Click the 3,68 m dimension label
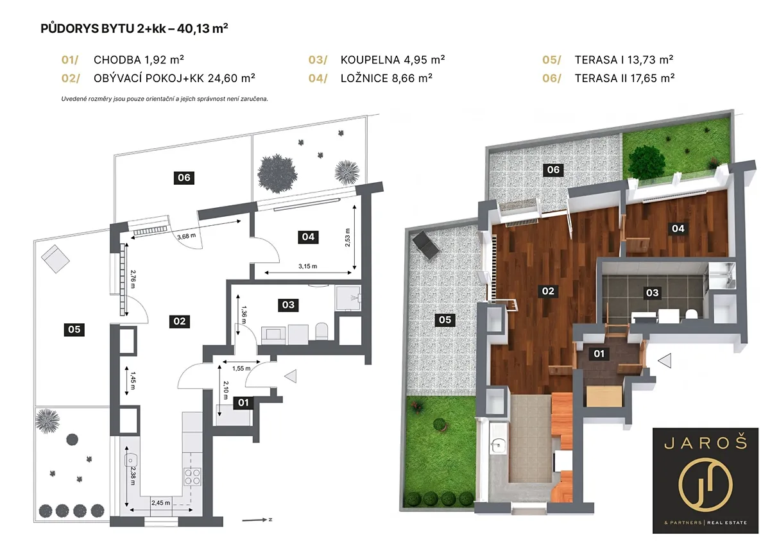tap(187, 236)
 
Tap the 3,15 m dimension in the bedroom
tap(307, 266)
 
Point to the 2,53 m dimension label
tap(348, 237)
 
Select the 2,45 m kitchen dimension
tap(160, 503)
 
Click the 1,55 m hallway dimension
tap(241, 368)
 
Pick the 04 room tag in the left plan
tap(308, 237)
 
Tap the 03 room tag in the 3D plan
tap(652, 293)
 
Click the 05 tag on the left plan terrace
tap(74, 330)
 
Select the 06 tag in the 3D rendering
tap(553, 170)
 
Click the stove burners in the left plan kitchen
tap(193, 477)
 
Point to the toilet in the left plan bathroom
tap(321, 331)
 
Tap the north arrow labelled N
tap(257, 520)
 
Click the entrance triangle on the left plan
tap(291, 376)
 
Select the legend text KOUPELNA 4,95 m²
tap(393, 60)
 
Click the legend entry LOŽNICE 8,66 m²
tap(386, 78)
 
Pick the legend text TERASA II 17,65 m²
tap(624, 78)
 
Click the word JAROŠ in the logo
tap(705, 443)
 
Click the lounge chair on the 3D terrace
tap(426, 245)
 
